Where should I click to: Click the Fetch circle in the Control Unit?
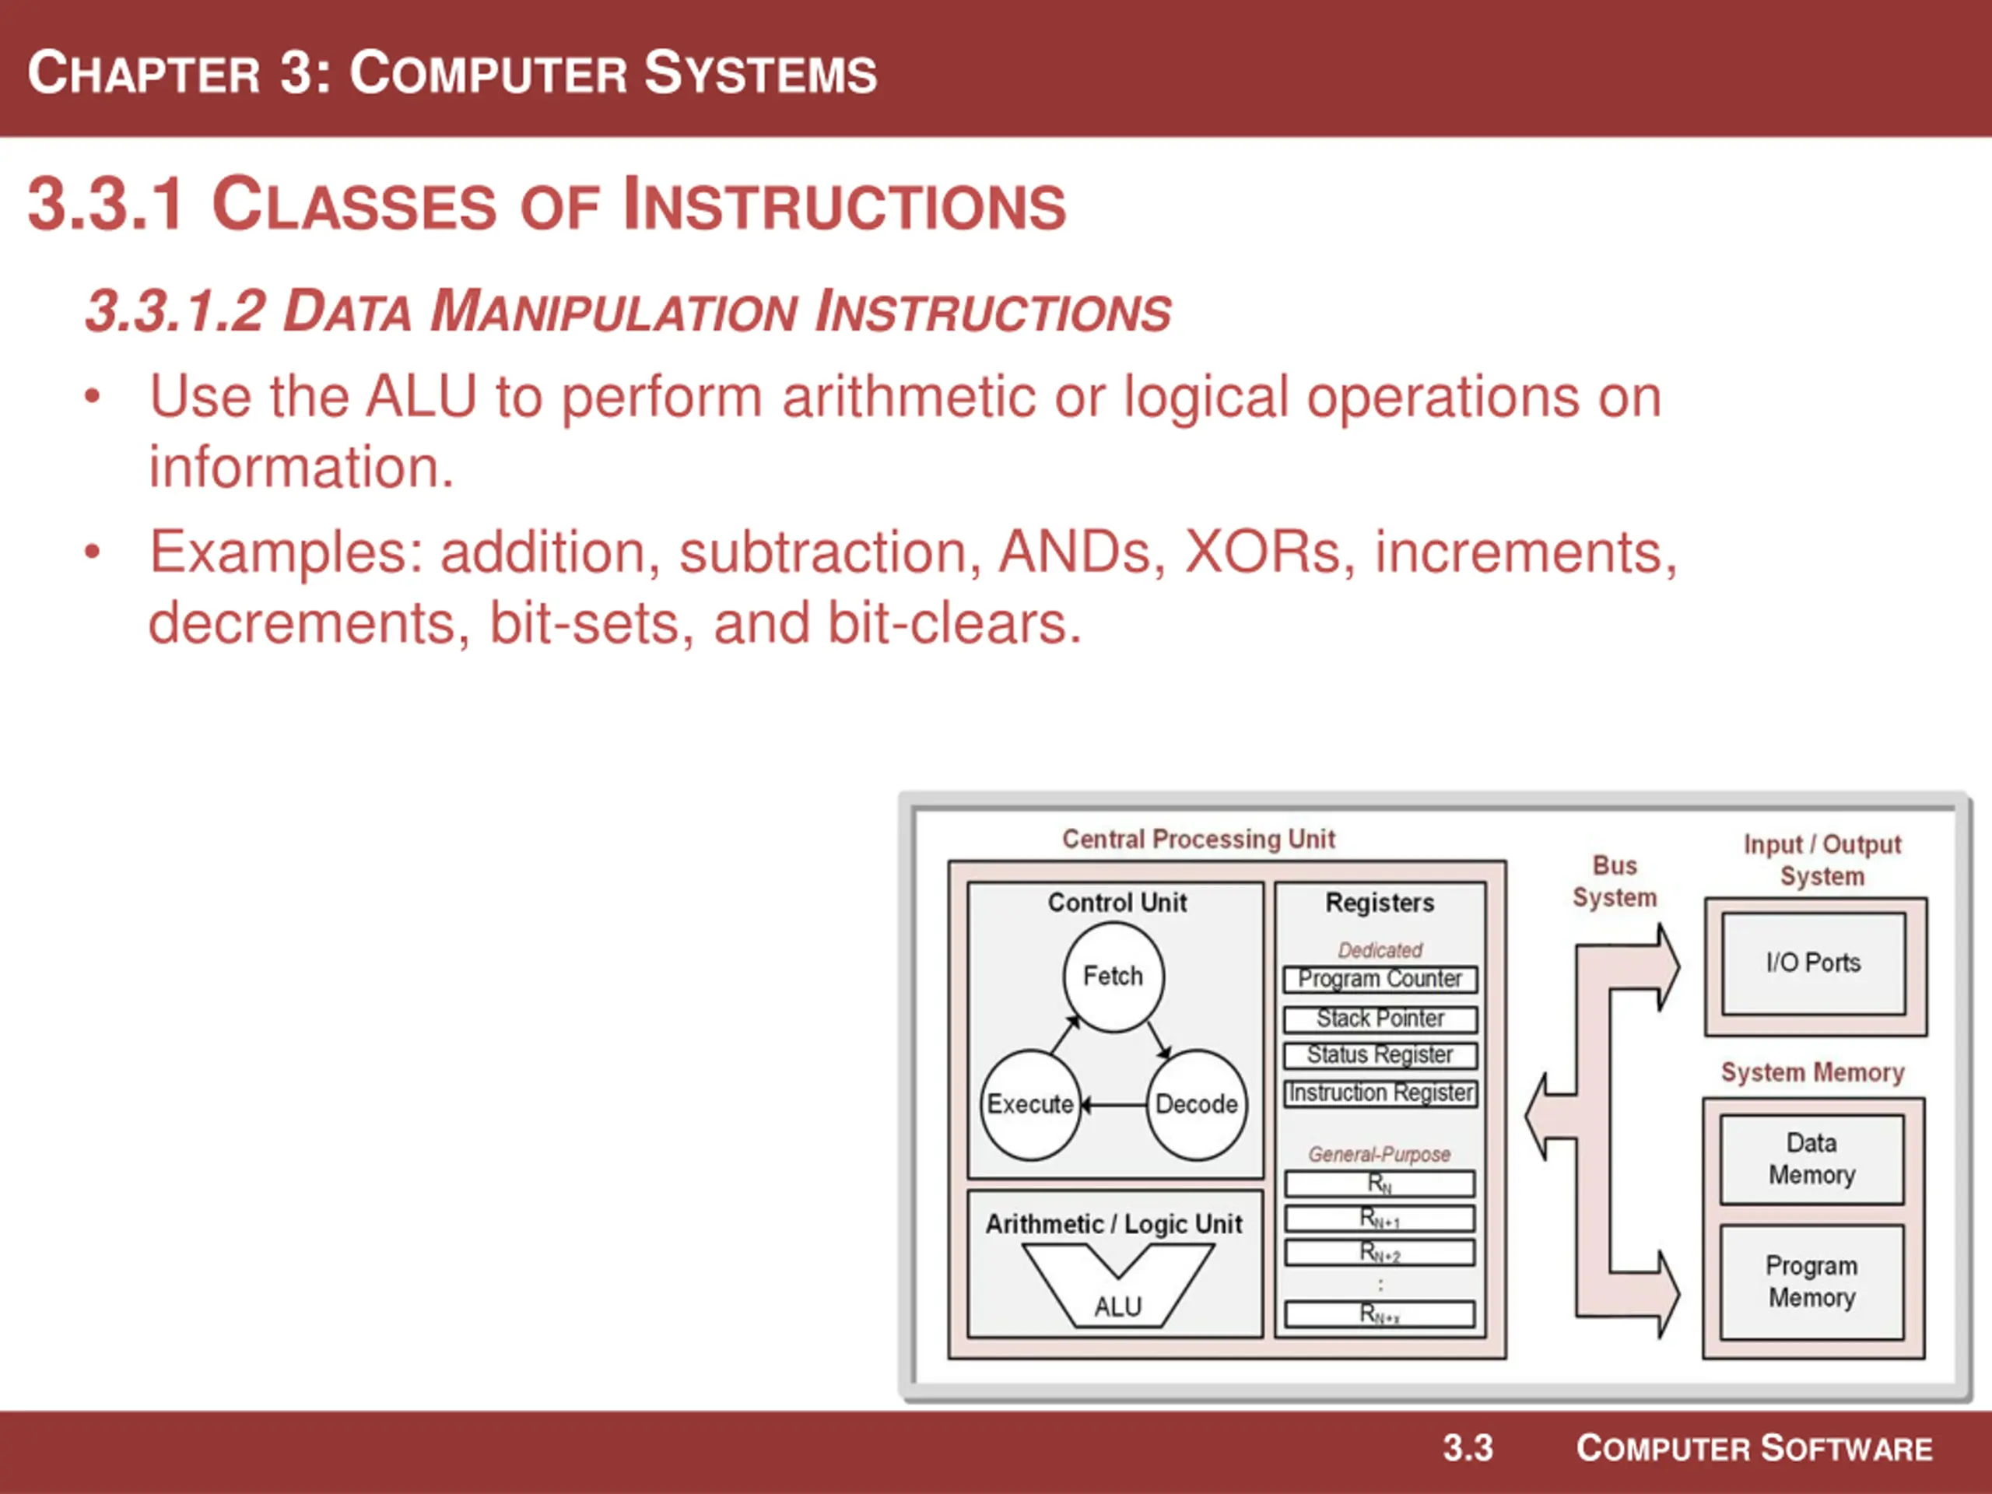pos(1113,977)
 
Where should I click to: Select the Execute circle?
pos(1030,1104)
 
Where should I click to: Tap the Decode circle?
pos(1197,1104)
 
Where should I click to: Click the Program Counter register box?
pos(1380,979)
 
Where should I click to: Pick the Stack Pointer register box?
pos(1380,1019)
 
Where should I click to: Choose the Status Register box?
pos(1380,1054)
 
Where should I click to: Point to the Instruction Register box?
pos(1380,1093)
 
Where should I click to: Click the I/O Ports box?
pos(1813,963)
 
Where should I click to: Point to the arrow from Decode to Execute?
pos(1114,1105)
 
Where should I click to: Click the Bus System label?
pos(1615,882)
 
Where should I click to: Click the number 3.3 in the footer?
pos(1468,1448)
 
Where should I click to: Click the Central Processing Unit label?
pos(1198,840)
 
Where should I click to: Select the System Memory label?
pos(1812,1072)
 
